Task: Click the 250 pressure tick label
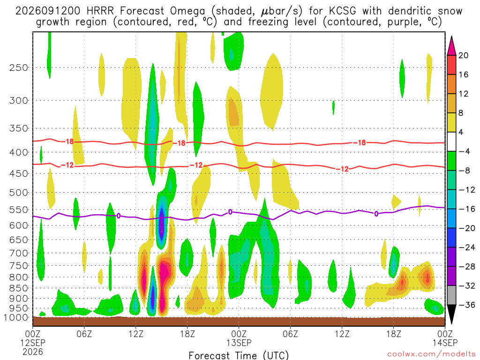[19, 67]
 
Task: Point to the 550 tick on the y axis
[19, 210]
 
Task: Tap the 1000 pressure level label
[15, 318]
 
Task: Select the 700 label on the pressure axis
[19, 253]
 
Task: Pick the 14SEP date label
[445, 343]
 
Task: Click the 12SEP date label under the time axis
[33, 343]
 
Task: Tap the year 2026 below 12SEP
[33, 352]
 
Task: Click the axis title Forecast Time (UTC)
[239, 355]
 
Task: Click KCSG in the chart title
[343, 11]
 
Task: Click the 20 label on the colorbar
[463, 55]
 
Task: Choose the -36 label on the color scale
[466, 305]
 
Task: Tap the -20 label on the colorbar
[466, 228]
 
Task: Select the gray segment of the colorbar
[451, 295]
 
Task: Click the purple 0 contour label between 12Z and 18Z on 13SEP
[376, 214]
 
